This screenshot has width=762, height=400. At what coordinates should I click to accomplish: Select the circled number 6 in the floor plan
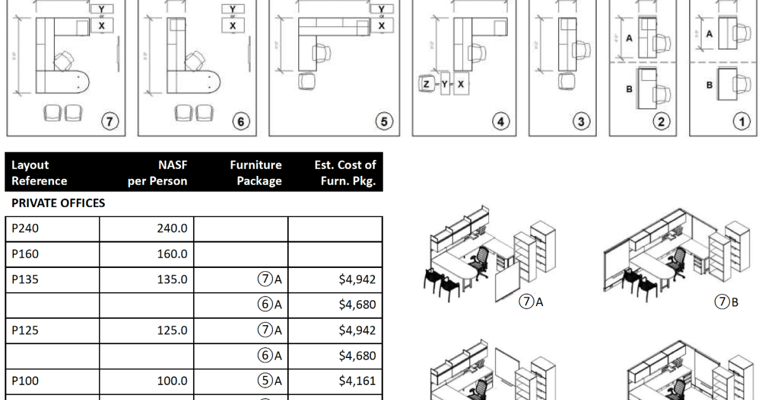[x=242, y=121]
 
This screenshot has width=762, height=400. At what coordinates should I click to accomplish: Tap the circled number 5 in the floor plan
[x=384, y=121]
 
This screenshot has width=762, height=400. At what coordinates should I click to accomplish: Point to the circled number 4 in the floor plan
[x=502, y=121]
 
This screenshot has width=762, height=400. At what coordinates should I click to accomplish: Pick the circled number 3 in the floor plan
[x=580, y=121]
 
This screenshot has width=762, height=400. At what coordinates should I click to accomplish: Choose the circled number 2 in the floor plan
[x=661, y=121]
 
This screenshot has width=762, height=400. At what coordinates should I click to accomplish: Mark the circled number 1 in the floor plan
[x=741, y=121]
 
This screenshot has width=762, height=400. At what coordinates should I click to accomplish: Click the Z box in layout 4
[x=425, y=84]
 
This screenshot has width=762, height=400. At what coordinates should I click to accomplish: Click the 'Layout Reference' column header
[x=39, y=173]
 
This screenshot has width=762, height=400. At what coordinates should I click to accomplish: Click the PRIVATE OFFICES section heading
[x=58, y=204]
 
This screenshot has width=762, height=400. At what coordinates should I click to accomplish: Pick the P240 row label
[x=23, y=229]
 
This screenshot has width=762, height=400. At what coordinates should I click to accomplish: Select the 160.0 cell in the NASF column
[x=172, y=255]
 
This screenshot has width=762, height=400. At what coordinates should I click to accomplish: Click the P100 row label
[x=23, y=381]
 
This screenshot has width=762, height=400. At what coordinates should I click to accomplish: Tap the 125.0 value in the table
[x=172, y=330]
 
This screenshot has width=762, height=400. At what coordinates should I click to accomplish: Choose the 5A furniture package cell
[x=269, y=381]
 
